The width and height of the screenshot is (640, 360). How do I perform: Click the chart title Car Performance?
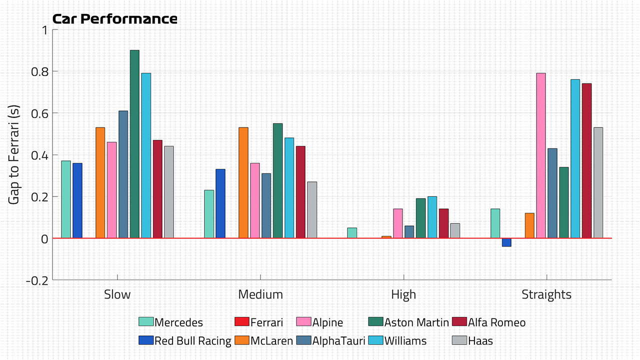coord(115,19)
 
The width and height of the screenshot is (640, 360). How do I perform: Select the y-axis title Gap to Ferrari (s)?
coord(13,155)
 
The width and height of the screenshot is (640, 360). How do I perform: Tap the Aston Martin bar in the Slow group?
coord(134,144)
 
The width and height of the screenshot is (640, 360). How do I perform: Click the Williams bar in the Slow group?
coord(146,155)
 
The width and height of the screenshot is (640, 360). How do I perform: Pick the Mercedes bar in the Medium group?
coord(209,214)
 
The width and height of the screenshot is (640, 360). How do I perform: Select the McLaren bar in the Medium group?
coord(243,182)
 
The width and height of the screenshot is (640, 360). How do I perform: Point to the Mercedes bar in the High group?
coord(352,233)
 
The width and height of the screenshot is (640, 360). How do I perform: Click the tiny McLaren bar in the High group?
coord(386,237)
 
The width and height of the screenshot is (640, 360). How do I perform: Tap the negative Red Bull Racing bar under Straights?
coord(506,242)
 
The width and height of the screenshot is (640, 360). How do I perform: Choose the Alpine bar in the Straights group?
coord(541,155)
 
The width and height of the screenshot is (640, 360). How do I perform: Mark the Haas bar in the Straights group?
coord(598,182)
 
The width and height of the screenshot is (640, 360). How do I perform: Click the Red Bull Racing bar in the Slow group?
coord(77,200)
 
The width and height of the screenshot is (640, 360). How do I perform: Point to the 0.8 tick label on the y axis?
coord(39,71)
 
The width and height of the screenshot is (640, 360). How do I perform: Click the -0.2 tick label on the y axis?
coord(37,281)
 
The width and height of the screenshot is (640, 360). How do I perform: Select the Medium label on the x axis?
coord(260,294)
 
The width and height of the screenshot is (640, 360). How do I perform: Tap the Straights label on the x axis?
coord(546,294)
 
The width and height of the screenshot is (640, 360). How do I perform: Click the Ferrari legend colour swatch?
coord(241,321)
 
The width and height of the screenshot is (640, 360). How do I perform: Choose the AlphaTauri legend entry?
coord(331,340)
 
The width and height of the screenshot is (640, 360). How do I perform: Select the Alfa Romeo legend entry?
coord(489,322)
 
